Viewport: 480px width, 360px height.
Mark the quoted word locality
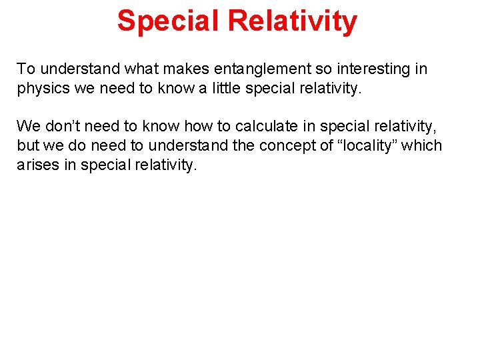point(376,146)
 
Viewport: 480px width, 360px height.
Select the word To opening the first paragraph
point(25,69)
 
